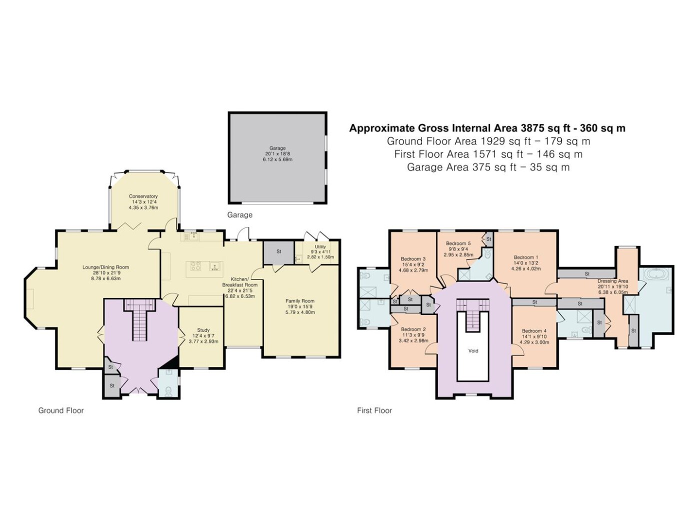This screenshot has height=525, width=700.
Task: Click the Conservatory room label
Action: pyautogui.click(x=143, y=196)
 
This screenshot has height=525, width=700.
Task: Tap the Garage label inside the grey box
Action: pyautogui.click(x=277, y=148)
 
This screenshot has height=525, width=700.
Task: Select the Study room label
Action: pyautogui.click(x=203, y=330)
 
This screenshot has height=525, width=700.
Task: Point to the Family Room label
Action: pyautogui.click(x=300, y=301)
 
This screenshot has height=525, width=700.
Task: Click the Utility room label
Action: pyautogui.click(x=320, y=246)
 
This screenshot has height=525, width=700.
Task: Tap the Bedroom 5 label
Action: pyautogui.click(x=458, y=243)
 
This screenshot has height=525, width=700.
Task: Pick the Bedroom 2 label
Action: pyautogui.click(x=413, y=329)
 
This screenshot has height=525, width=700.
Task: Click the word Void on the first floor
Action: pyautogui.click(x=473, y=351)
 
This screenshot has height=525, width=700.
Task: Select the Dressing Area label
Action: pyautogui.click(x=612, y=281)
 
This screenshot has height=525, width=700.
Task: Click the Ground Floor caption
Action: pyautogui.click(x=61, y=410)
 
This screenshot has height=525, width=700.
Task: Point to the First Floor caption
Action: pyautogui.click(x=374, y=410)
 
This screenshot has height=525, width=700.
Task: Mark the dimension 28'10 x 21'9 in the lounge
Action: pyautogui.click(x=106, y=273)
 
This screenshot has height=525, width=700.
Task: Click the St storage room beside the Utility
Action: pyautogui.click(x=278, y=252)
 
